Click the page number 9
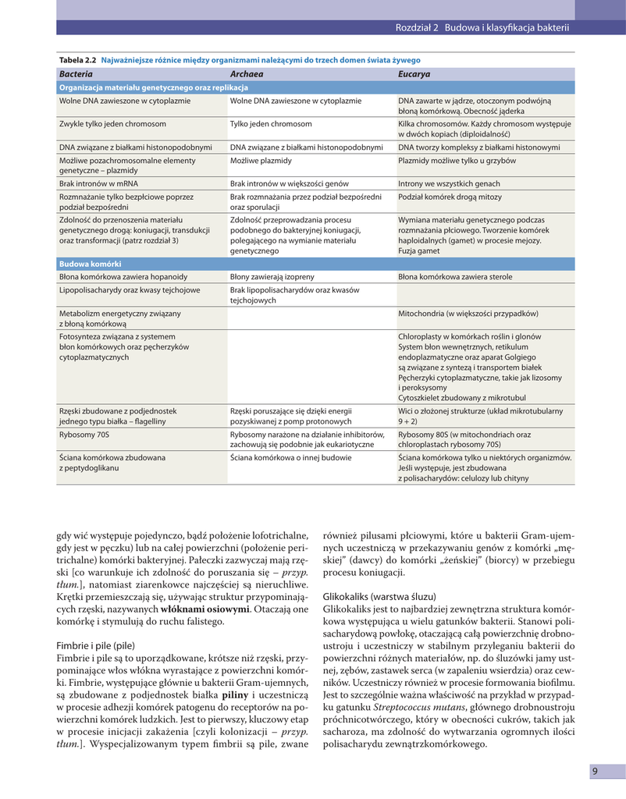(595, 772)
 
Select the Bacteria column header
(76, 74)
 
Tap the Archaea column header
(246, 74)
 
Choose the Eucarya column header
(414, 74)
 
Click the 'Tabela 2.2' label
(77, 60)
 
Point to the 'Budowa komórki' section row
(90, 264)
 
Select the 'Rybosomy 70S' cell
(84, 434)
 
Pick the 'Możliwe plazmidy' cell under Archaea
(261, 161)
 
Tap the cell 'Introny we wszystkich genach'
(449, 183)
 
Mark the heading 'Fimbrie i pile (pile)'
(96, 646)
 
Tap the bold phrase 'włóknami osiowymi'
(205, 609)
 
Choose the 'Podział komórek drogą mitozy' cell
(449, 197)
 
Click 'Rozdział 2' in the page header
(418, 28)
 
